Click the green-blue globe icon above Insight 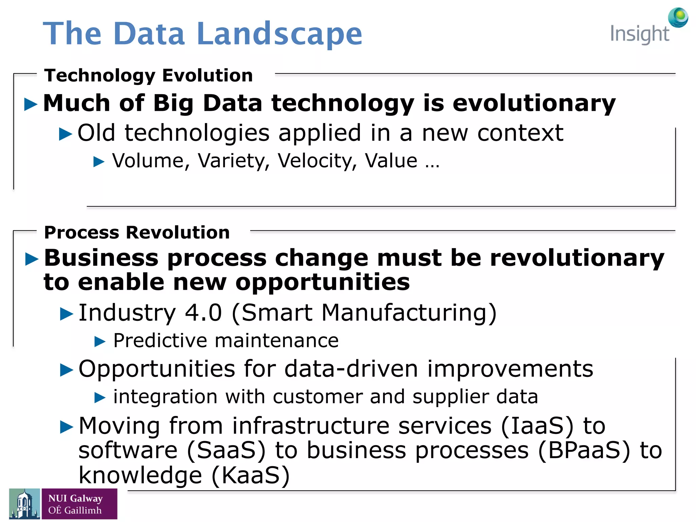point(678,17)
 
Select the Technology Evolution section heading point(149,75)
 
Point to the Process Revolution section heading point(137,232)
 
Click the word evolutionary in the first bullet point(534,103)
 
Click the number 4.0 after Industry point(203,312)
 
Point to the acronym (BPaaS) point(584,450)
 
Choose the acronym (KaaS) point(250,475)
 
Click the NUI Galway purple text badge point(79,504)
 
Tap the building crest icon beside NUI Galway point(24,504)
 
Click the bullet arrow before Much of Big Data point(31,104)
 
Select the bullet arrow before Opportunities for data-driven point(67,370)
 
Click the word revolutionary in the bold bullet point(577,258)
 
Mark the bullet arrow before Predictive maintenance point(100,341)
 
